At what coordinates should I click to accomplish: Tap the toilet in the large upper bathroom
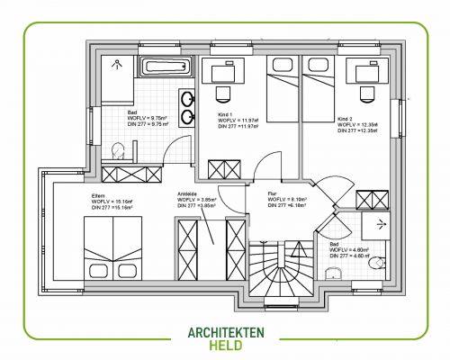click(117, 149)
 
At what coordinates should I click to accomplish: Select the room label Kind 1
click(226, 113)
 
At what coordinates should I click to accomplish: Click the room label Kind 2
click(346, 118)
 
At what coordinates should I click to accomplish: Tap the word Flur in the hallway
click(273, 193)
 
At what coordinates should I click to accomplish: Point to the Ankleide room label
click(187, 193)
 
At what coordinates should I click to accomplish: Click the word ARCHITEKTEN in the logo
click(225, 332)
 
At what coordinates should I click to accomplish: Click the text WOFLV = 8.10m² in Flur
click(287, 199)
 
